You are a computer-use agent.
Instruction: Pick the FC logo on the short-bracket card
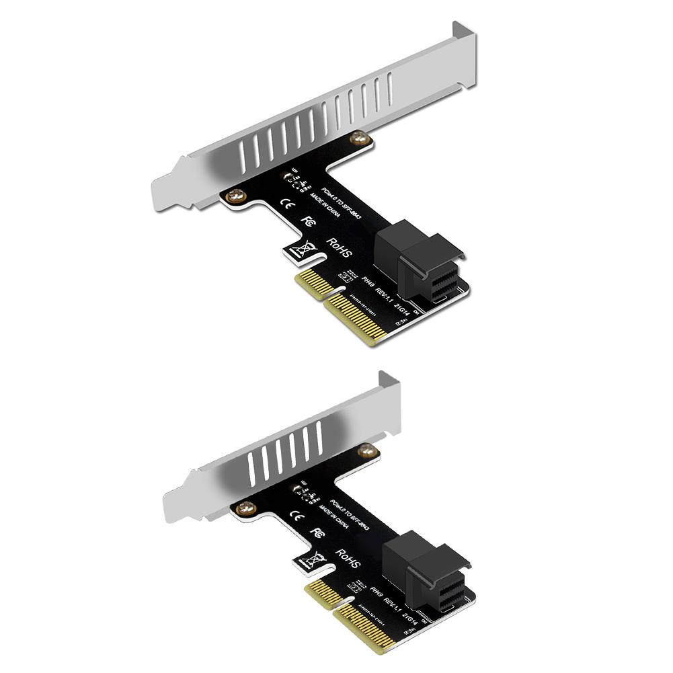pos(319,532)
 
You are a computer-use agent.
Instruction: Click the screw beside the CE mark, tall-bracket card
pos(235,196)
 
